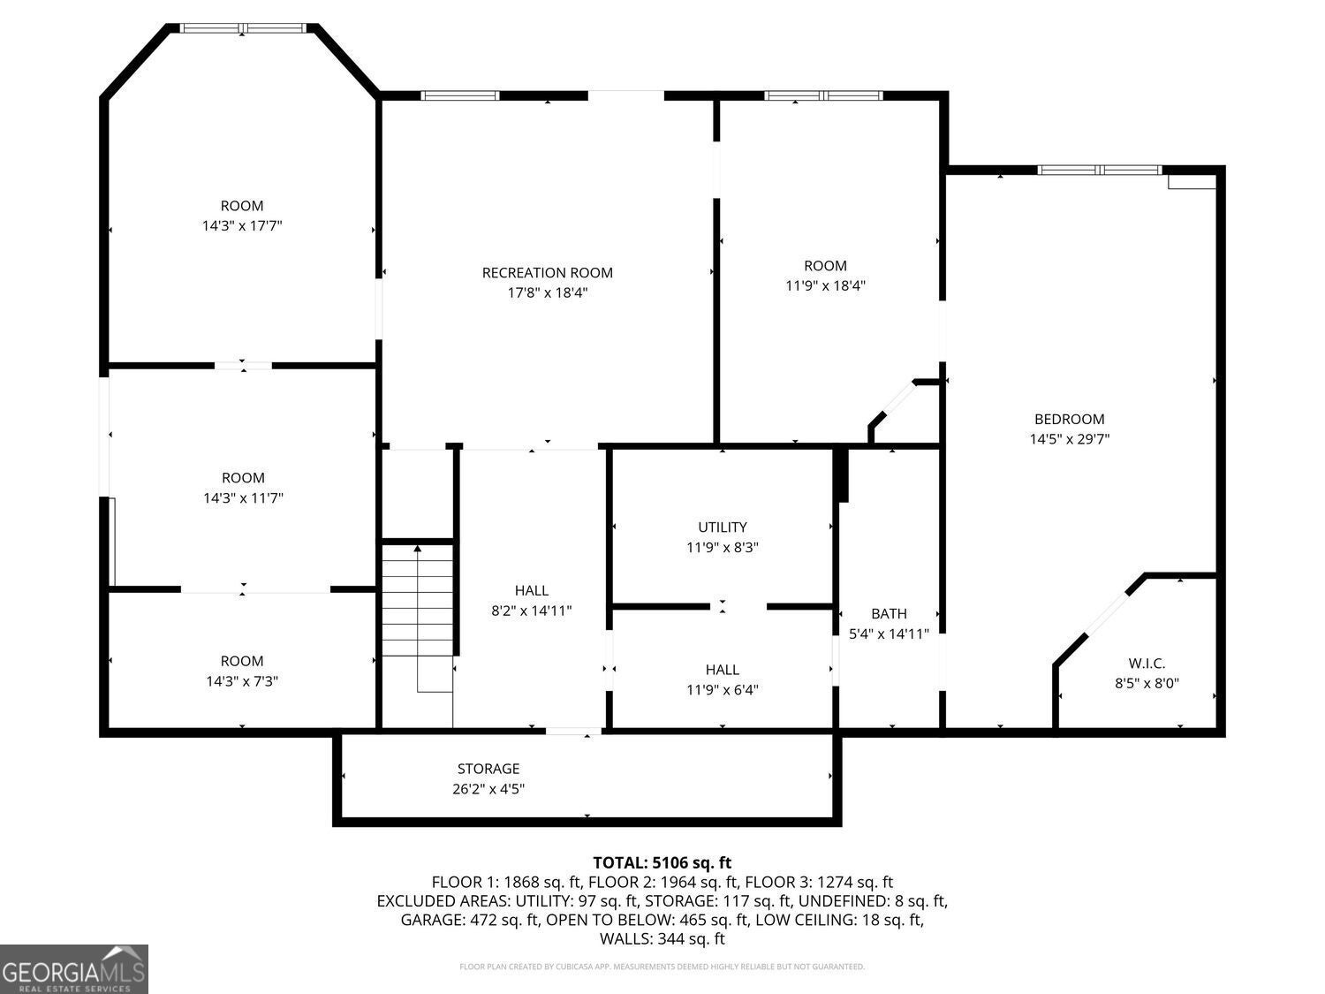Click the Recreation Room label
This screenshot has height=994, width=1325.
[x=547, y=273]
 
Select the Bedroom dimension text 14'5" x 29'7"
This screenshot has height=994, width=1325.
[x=1069, y=439]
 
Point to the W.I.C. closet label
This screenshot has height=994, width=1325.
[x=1147, y=664]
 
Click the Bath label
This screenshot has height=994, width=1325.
[x=889, y=613]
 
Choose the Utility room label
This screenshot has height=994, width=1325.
[x=722, y=527]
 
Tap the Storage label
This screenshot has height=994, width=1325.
[x=488, y=769]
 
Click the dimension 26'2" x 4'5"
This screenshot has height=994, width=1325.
[x=488, y=789]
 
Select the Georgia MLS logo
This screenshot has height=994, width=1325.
[x=73, y=968]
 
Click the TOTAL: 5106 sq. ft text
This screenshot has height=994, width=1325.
[x=662, y=862]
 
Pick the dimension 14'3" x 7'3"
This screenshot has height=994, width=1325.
[x=242, y=681]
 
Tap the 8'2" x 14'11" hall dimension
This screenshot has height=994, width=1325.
[x=532, y=611]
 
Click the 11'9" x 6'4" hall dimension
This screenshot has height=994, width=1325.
[x=722, y=690]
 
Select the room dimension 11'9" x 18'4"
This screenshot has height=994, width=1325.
[x=825, y=285]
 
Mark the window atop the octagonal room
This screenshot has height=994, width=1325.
[x=243, y=28]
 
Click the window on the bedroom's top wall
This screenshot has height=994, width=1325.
[x=1099, y=170]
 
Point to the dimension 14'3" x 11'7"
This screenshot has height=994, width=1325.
[x=243, y=498]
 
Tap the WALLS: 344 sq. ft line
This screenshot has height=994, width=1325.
[x=662, y=938]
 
